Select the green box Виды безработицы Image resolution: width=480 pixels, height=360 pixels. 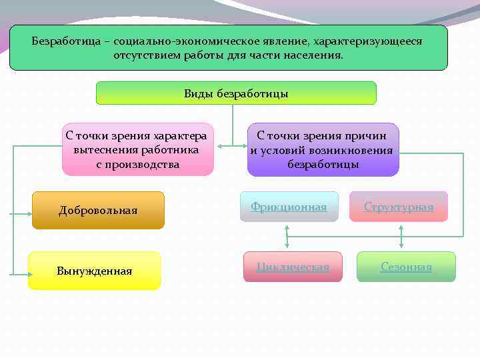pyautogui.click(x=236, y=93)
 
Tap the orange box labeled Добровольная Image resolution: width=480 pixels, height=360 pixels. pyautogui.click(x=98, y=211)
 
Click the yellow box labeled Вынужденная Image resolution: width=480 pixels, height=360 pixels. pyautogui.click(x=94, y=271)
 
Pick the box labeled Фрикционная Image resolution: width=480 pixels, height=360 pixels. pyautogui.click(x=289, y=207)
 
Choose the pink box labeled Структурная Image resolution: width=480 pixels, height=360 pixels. pyautogui.click(x=398, y=207)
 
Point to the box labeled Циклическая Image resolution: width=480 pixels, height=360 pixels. pyautogui.click(x=293, y=267)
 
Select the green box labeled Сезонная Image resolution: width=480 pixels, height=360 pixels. pyautogui.click(x=406, y=267)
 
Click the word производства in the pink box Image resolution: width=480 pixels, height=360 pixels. pyautogui.click(x=138, y=163)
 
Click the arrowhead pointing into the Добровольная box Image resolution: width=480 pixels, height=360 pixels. pyautogui.click(x=29, y=213)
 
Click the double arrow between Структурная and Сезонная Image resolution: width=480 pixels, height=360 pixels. pyautogui.click(x=401, y=237)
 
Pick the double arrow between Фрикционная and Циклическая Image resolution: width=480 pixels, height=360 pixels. pyautogui.click(x=287, y=237)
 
